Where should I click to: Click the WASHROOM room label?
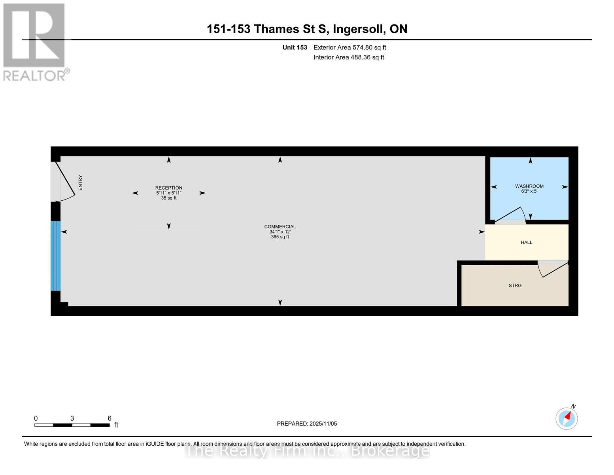pyautogui.click(x=529, y=186)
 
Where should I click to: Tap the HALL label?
pyautogui.click(x=526, y=242)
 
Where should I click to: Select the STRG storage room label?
pyautogui.click(x=515, y=285)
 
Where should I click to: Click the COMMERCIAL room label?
pyautogui.click(x=280, y=227)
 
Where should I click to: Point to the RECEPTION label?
pyautogui.click(x=168, y=188)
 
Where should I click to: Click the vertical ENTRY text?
pyautogui.click(x=80, y=182)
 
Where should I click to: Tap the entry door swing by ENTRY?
pyautogui.click(x=65, y=180)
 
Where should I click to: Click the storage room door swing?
pyautogui.click(x=552, y=269)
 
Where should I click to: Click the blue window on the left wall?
pyautogui.click(x=55, y=256)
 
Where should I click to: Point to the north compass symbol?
pyautogui.click(x=567, y=418)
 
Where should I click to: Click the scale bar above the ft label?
pyautogui.click(x=72, y=425)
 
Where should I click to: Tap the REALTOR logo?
pyautogui.click(x=35, y=42)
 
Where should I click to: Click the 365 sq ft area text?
pyautogui.click(x=280, y=237)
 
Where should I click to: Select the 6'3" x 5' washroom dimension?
pyautogui.click(x=529, y=191)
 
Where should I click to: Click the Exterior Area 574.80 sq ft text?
pyautogui.click(x=350, y=47)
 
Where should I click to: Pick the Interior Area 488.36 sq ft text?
pyautogui.click(x=349, y=57)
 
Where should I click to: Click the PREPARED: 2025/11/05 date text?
pyautogui.click(x=307, y=424)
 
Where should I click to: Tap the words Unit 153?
pyautogui.click(x=295, y=47)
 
